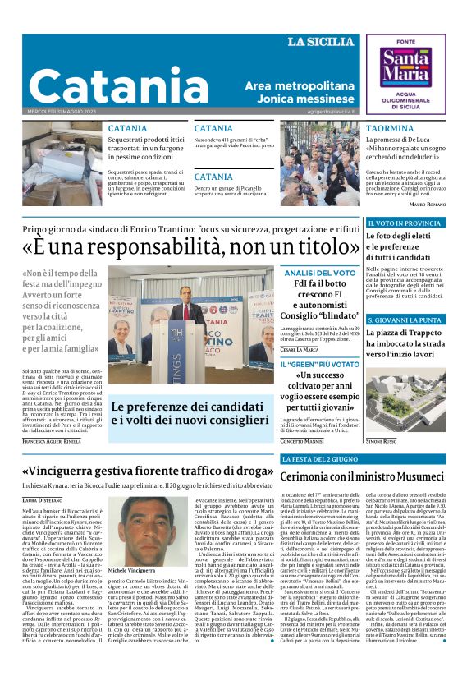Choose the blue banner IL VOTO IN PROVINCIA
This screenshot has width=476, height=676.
click(405, 223)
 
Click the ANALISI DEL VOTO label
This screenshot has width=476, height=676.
click(320, 272)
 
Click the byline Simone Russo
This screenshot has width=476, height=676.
click(382, 441)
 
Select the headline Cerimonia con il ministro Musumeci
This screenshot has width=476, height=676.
click(362, 477)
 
